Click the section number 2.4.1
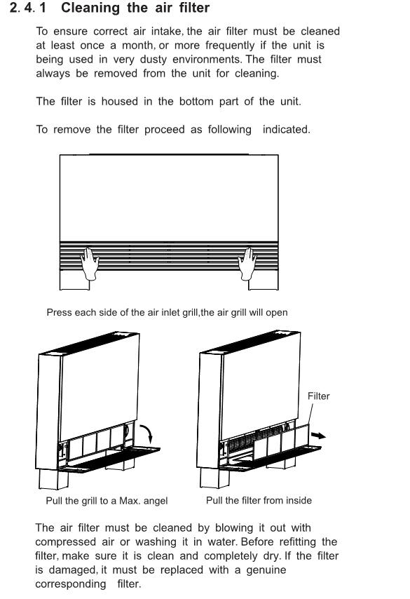(27, 8)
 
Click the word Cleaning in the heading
(90, 8)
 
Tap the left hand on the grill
(90, 264)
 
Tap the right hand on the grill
(247, 264)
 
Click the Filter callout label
(318, 396)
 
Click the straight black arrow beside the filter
(318, 435)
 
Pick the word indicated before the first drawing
(285, 130)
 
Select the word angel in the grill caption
(156, 502)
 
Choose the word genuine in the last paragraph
(266, 571)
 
